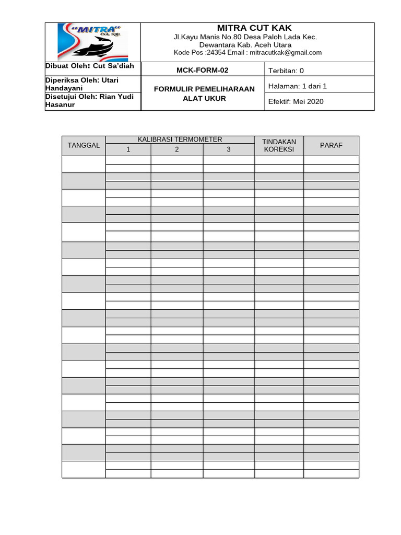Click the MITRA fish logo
pyautogui.click(x=92, y=42)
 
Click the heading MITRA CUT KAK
pyautogui.click(x=254, y=28)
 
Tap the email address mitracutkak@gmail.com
pyautogui.click(x=286, y=53)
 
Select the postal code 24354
pyautogui.click(x=214, y=53)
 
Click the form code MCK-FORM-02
pyautogui.click(x=203, y=70)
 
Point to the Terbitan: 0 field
pyautogui.click(x=286, y=71)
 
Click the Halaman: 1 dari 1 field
pyautogui.click(x=297, y=86)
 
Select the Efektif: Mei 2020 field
pyautogui.click(x=296, y=101)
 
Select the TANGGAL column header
pyautogui.click(x=84, y=145)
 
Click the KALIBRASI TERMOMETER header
pyautogui.click(x=180, y=139)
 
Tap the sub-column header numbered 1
pyautogui.click(x=128, y=150)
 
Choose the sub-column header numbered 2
pyautogui.click(x=177, y=150)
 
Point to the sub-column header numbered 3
pyautogui.click(x=228, y=150)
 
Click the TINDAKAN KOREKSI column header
pyautogui.click(x=279, y=145)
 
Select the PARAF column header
pyautogui.click(x=331, y=145)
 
